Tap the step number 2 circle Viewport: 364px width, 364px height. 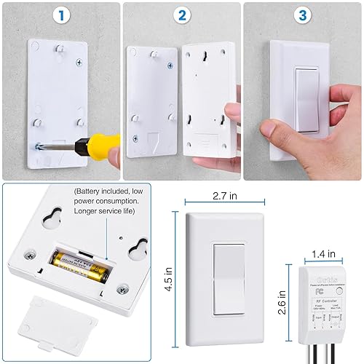point(181,15)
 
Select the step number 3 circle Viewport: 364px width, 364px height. point(301,15)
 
